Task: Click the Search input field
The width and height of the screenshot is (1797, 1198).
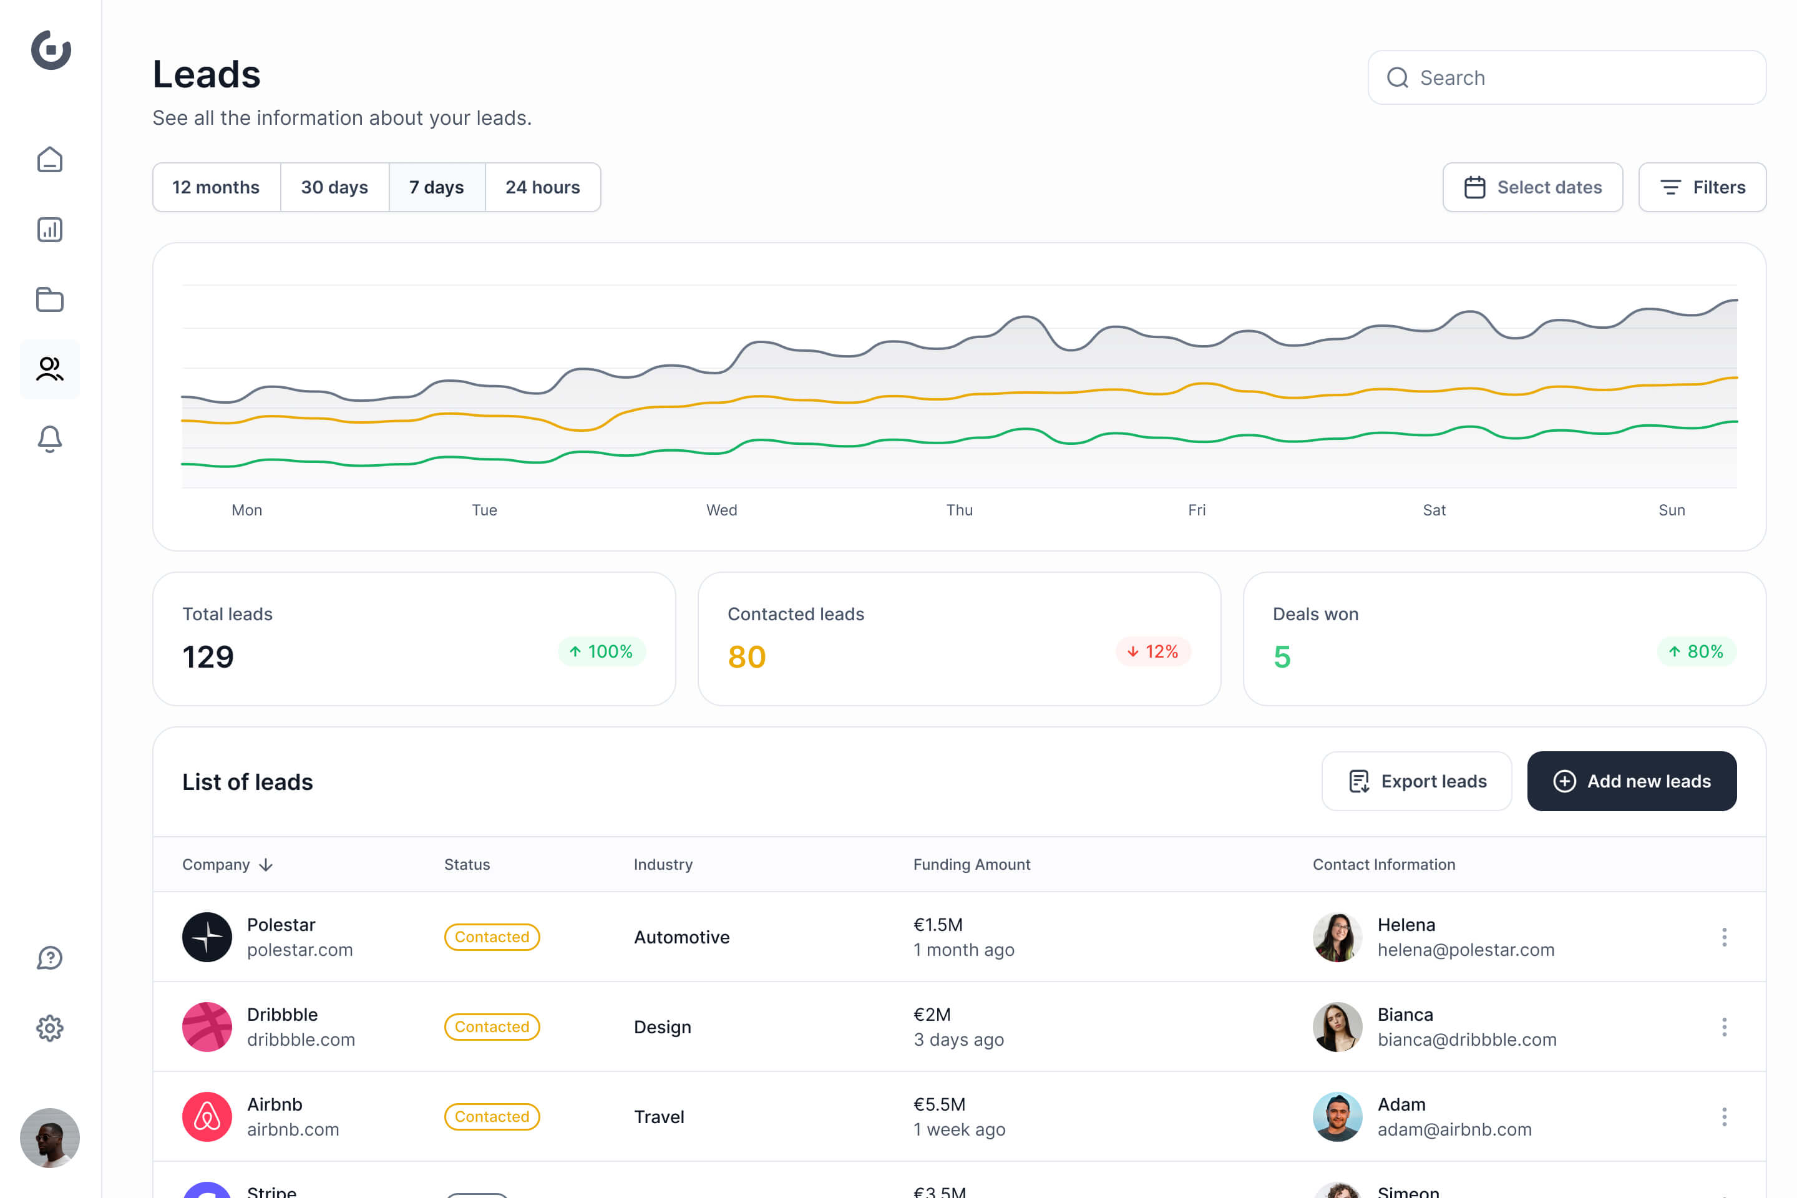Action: tap(1566, 77)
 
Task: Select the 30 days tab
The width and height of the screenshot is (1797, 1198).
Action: tap(334, 187)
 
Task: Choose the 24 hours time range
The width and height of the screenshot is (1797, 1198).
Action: tap(542, 187)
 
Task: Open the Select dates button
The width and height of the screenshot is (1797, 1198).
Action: tap(1532, 187)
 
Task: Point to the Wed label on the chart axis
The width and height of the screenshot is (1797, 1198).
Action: tap(721, 510)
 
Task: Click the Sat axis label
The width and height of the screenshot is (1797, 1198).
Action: tap(1433, 510)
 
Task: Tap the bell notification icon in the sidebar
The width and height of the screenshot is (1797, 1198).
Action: tap(50, 439)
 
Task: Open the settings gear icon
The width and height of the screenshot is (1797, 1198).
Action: tap(50, 1028)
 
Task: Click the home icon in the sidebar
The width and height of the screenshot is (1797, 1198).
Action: tap(50, 160)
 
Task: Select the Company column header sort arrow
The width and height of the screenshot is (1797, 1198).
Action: tap(266, 864)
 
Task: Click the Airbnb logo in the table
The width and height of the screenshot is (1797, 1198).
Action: tap(207, 1116)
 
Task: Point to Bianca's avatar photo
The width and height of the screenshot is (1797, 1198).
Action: tap(1337, 1026)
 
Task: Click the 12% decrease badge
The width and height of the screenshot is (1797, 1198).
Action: tap(1152, 651)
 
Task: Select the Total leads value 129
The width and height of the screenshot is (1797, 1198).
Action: tap(208, 656)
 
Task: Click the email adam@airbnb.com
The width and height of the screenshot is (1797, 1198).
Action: tap(1454, 1129)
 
